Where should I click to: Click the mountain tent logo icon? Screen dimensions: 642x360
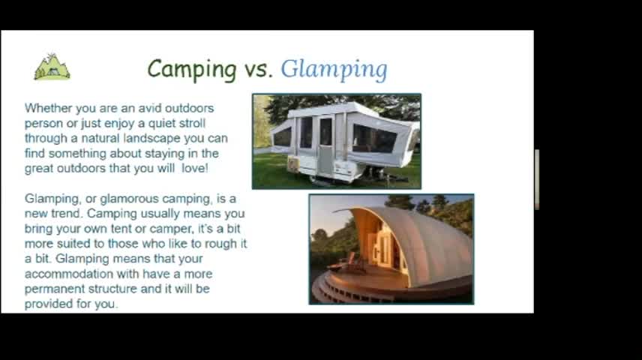click(x=52, y=67)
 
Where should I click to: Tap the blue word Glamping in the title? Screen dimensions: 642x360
click(x=334, y=70)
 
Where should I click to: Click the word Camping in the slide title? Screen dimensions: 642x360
click(x=192, y=69)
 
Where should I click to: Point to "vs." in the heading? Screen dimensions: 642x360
click(x=259, y=69)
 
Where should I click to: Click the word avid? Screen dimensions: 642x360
click(x=149, y=108)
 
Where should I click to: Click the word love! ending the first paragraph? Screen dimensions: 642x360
click(x=195, y=168)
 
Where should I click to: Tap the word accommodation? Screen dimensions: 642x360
click(x=69, y=274)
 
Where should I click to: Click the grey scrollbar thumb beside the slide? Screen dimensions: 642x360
click(x=537, y=180)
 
